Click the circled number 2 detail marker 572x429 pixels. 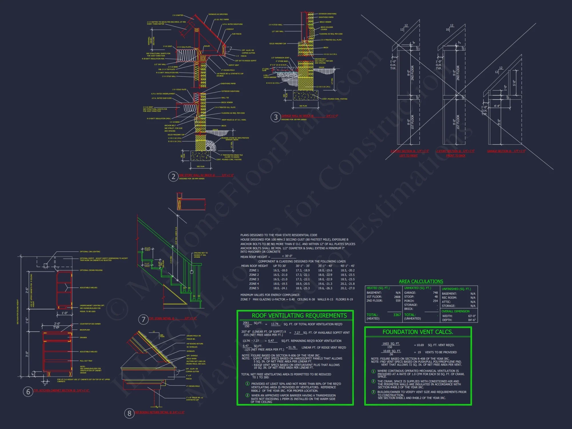(173, 176)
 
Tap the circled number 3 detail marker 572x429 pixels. (276, 117)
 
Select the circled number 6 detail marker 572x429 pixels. (28, 392)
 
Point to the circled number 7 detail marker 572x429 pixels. (143, 319)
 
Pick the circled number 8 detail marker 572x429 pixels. (129, 413)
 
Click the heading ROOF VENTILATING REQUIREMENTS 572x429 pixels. (299, 315)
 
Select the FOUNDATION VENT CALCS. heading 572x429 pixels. (418, 332)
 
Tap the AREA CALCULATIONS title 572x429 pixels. (421, 281)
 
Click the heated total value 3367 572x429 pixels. (397, 315)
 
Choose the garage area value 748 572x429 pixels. (435, 293)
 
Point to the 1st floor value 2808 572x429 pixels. (397, 297)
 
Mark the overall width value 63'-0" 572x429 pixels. (472, 316)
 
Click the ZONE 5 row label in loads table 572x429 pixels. (254, 288)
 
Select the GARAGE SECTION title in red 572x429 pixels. (498, 151)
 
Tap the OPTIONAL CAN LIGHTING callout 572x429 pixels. (90, 252)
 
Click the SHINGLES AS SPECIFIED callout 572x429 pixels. (218, 14)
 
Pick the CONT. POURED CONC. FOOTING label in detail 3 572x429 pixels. (335, 99)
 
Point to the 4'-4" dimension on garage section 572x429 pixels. (497, 106)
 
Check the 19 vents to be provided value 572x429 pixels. (419, 352)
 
